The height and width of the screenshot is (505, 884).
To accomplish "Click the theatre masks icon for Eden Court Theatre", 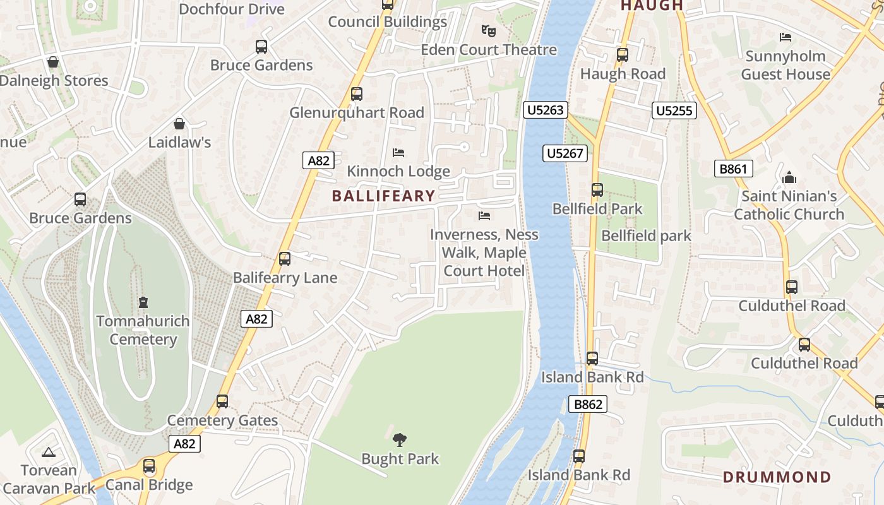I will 488,30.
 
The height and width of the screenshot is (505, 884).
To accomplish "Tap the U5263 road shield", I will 546,110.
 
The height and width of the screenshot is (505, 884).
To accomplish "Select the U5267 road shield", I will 565,153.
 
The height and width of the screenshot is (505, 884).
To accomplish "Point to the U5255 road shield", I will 674,111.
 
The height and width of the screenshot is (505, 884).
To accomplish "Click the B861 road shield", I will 734,169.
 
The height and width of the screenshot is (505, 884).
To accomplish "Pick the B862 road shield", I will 588,404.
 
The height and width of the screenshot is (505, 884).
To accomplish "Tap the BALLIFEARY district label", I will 383,196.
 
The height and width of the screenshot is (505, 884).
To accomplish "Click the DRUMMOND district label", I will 777,477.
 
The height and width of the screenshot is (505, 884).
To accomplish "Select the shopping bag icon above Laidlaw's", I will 179,124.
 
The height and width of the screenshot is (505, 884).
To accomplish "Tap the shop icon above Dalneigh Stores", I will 53,62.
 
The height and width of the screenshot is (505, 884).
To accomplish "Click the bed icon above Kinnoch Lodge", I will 398,152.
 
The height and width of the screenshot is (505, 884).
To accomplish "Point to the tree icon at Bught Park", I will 399,439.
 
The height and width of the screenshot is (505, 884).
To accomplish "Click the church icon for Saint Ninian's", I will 789,177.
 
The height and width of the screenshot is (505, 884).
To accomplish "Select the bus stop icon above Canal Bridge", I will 149,466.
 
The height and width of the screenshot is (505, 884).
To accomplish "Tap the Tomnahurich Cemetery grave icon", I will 143,302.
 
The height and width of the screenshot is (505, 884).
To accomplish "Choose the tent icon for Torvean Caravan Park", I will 48,452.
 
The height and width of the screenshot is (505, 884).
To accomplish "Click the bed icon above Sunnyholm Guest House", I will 785,37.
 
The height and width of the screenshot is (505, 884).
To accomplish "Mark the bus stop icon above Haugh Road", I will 623,55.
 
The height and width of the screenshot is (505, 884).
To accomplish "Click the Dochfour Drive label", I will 232,9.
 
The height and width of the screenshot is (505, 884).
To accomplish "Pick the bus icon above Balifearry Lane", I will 285,258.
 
